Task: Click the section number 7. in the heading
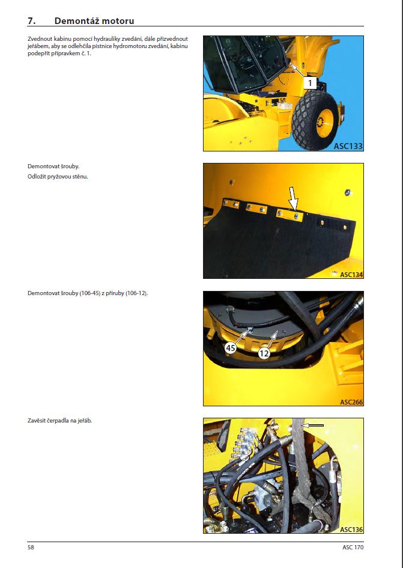pyautogui.click(x=31, y=21)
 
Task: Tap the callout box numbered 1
pyautogui.click(x=309, y=83)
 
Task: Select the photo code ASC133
pyautogui.click(x=348, y=146)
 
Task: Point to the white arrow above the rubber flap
pyautogui.click(x=294, y=198)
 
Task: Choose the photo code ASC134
pyautogui.click(x=351, y=275)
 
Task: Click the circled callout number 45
pyautogui.click(x=231, y=348)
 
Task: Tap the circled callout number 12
pyautogui.click(x=264, y=353)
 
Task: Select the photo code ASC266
pyautogui.click(x=351, y=402)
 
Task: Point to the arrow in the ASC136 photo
pyautogui.click(x=313, y=426)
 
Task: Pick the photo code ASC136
pyautogui.click(x=351, y=530)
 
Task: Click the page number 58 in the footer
pyautogui.click(x=31, y=547)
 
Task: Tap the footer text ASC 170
pyautogui.click(x=353, y=547)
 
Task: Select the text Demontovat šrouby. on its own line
pyautogui.click(x=53, y=166)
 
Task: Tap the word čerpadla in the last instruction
pyautogui.click(x=58, y=421)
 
